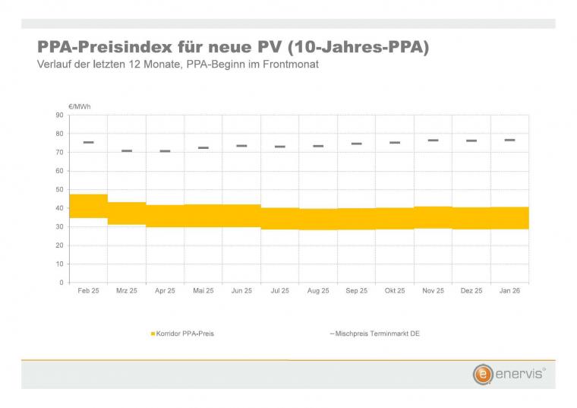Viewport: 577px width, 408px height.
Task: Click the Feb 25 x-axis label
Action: click(88, 291)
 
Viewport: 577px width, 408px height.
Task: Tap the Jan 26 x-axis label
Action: click(509, 291)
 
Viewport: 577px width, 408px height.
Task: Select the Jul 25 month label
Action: click(280, 291)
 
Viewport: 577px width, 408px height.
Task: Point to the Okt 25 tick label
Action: click(395, 291)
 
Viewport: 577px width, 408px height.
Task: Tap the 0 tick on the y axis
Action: click(61, 283)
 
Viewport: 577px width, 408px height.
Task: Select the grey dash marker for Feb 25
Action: click(88, 142)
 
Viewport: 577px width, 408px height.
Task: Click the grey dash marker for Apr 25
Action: click(165, 151)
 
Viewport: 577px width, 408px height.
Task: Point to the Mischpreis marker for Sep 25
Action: click(356, 144)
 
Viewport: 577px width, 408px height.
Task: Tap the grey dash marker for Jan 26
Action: click(509, 140)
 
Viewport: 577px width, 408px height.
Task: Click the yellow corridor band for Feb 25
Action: click(88, 206)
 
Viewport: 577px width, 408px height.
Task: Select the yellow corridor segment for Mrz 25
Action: click(127, 213)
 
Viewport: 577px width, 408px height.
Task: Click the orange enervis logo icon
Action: click(481, 375)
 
